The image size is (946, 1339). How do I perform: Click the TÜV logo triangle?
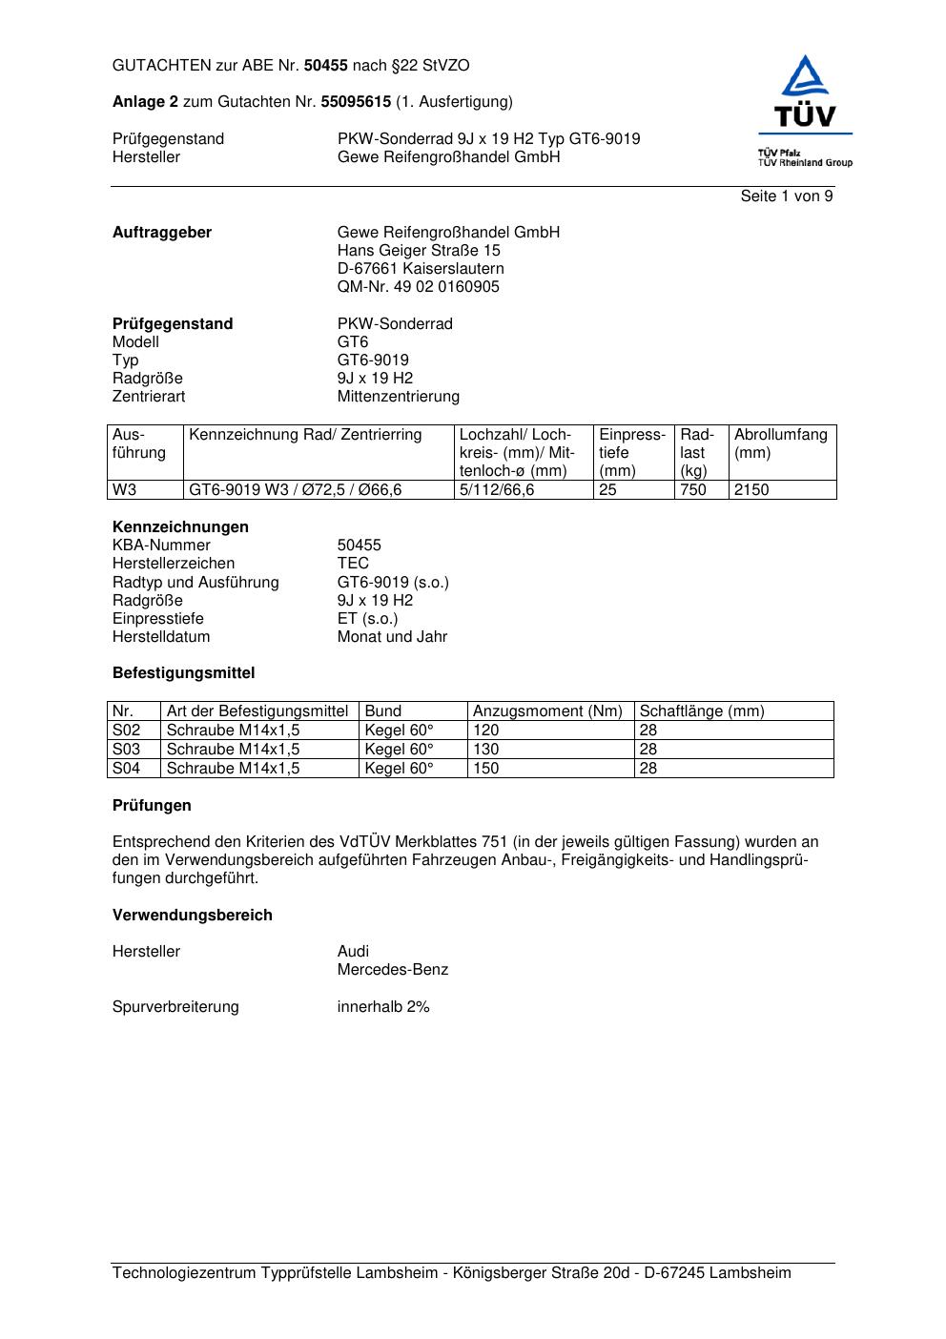point(806,78)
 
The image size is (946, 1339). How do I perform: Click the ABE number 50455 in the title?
point(326,66)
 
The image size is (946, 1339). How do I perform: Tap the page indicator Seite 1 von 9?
point(787,196)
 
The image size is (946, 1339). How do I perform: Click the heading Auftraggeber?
point(162,233)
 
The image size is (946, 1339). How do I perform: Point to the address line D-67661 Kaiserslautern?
point(421,269)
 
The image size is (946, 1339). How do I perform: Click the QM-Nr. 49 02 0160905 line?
point(418,287)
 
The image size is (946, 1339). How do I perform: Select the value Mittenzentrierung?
point(398,397)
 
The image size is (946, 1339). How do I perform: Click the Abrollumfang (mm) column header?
point(780,443)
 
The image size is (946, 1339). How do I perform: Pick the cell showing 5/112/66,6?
point(497,490)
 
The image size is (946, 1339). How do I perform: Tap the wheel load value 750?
point(693,490)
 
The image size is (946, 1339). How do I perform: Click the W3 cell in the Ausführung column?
point(125,490)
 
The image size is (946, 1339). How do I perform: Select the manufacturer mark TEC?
point(353,564)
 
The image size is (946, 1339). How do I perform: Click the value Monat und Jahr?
point(392,637)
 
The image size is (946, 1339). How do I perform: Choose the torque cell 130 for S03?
point(486,750)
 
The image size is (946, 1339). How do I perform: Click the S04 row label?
point(127,769)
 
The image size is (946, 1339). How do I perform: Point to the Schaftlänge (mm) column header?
point(702,711)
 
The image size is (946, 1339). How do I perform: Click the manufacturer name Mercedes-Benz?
point(393,970)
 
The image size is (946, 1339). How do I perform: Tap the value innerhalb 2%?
point(383,1007)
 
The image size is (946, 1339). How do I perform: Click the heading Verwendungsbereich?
point(193,916)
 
